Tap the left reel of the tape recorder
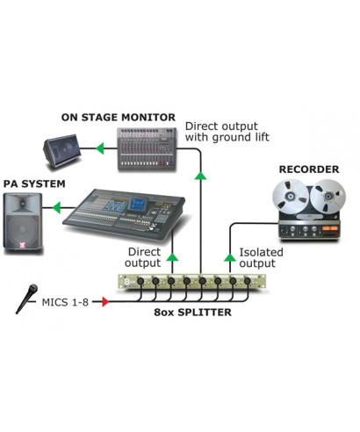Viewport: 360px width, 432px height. [292, 195]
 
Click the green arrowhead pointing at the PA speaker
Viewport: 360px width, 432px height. [57, 208]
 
